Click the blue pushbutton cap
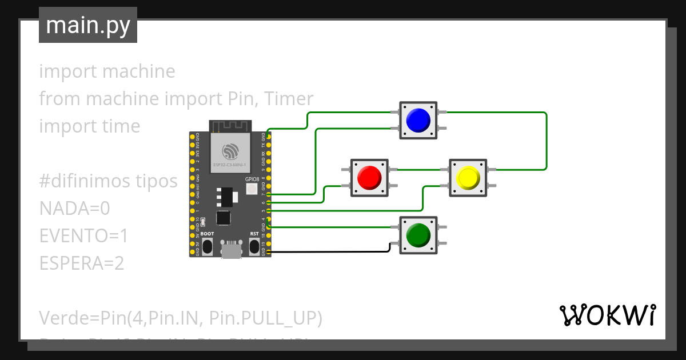(x=418, y=120)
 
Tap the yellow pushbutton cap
(x=468, y=178)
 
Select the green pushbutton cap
(x=418, y=235)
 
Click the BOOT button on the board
(x=208, y=246)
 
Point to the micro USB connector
(x=231, y=250)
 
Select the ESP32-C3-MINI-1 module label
(x=230, y=165)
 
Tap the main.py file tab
(x=88, y=26)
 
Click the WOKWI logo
(x=607, y=315)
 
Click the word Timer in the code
(x=292, y=99)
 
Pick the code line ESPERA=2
(x=82, y=263)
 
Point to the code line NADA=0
(x=74, y=209)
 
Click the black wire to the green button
(x=332, y=251)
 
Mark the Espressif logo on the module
(x=230, y=151)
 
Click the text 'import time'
(x=89, y=126)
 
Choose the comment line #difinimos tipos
(x=108, y=181)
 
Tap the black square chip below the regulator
(x=224, y=218)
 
